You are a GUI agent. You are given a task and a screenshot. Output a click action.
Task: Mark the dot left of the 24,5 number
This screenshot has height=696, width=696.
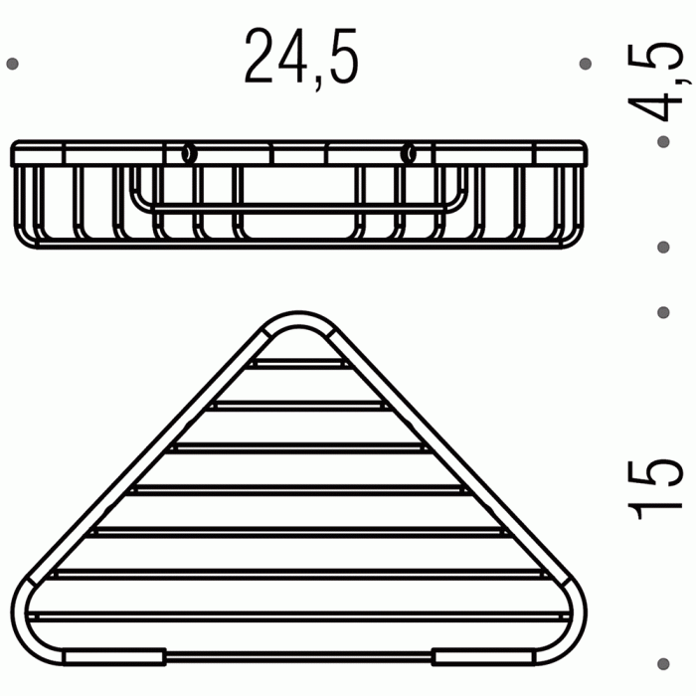click(12, 64)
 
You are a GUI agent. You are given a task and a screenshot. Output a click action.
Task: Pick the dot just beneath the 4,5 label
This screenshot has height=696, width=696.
click(664, 142)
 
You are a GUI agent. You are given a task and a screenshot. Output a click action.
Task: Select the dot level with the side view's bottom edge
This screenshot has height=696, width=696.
click(664, 246)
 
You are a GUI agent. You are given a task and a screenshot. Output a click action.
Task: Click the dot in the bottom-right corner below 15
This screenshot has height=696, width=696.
click(664, 659)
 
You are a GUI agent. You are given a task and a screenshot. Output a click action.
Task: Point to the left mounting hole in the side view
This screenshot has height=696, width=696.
click(187, 153)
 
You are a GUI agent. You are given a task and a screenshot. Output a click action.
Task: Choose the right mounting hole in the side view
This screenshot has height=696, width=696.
click(408, 153)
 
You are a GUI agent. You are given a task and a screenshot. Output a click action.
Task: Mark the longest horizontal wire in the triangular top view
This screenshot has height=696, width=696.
click(298, 615)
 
